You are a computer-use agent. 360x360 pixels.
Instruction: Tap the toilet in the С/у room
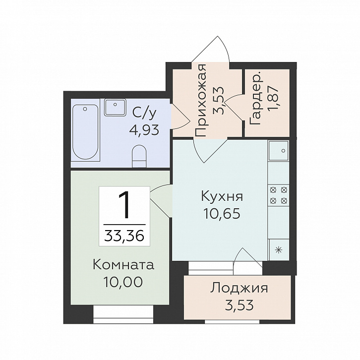(139, 156)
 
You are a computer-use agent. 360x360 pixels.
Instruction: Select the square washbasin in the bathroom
(115, 107)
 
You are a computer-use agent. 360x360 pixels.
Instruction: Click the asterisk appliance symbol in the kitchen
(279, 249)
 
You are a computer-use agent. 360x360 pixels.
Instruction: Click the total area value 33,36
(124, 236)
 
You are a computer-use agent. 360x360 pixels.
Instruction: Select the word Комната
(123, 265)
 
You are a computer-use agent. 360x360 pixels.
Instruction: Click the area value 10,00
(123, 282)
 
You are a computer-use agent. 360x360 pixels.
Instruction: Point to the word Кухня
(222, 196)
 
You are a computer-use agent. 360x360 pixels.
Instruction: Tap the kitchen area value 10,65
(222, 214)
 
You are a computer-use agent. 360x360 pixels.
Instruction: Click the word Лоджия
(239, 289)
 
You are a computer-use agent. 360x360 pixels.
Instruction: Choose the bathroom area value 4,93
(144, 130)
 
